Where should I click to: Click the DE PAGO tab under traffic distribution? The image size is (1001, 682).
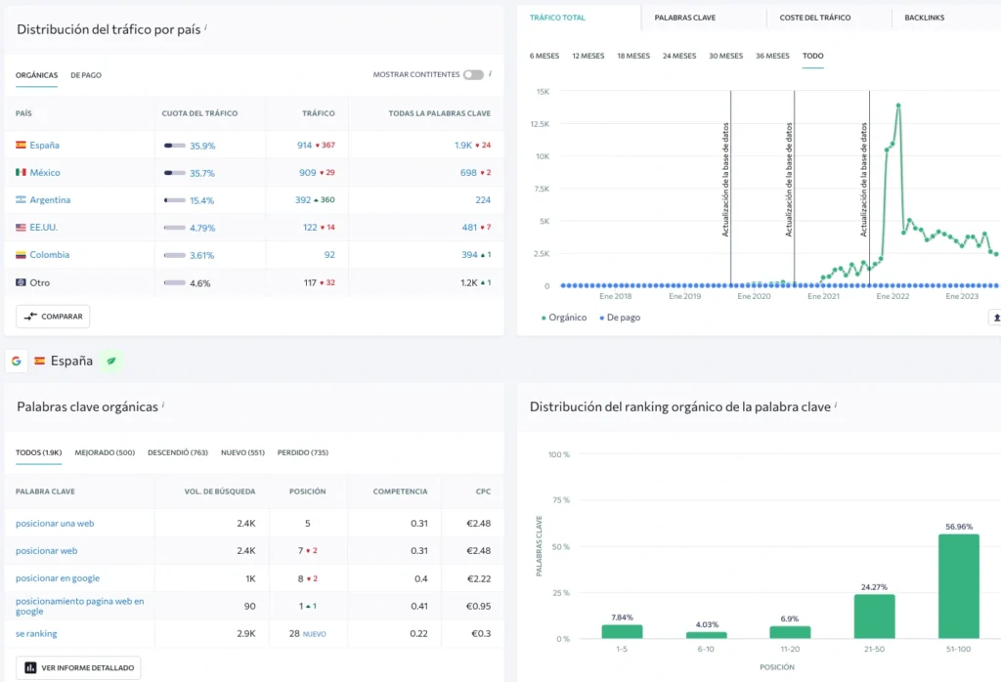pos(86,75)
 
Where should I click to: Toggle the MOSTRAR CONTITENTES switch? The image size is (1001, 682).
pos(473,74)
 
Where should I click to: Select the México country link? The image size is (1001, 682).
pos(45,172)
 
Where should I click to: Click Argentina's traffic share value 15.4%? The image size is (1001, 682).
pos(201,200)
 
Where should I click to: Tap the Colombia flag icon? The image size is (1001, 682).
pos(22,255)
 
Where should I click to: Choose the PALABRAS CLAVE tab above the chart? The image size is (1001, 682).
pos(684,18)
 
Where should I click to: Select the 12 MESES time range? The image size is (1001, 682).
pos(588,56)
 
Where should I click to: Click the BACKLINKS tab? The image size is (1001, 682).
pos(924,18)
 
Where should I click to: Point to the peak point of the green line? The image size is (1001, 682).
pos(898,106)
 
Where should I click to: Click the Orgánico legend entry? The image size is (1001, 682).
pos(564,318)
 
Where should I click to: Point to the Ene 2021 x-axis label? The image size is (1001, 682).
pos(823,296)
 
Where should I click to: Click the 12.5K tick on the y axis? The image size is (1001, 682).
pos(540,124)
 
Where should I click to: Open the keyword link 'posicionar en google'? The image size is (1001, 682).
pos(58,578)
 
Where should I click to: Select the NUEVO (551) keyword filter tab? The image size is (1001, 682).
pos(242,452)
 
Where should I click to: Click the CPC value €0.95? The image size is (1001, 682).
pos(478,606)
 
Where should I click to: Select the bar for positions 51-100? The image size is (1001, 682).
pos(958,586)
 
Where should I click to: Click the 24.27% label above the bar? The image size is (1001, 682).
pos(874,587)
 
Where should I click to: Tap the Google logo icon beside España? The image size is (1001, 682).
pos(16,362)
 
